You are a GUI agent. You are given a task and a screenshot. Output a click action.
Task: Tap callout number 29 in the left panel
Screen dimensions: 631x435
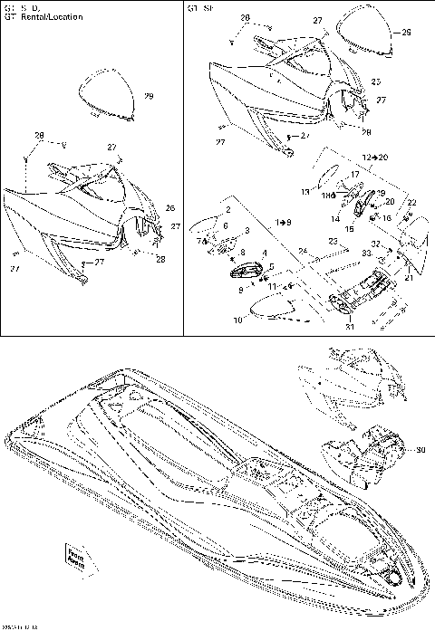click(x=149, y=97)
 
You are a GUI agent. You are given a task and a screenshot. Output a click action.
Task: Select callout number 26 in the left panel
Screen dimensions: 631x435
click(x=169, y=207)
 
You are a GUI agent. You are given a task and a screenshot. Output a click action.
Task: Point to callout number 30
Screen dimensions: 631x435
click(x=420, y=450)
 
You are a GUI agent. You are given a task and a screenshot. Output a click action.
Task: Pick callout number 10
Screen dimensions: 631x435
click(x=238, y=320)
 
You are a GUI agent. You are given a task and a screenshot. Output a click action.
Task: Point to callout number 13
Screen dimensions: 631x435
click(x=304, y=192)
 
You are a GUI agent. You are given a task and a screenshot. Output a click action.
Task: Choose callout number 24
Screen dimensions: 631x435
click(x=304, y=251)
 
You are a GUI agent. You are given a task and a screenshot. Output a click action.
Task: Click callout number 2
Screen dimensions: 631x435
click(x=228, y=209)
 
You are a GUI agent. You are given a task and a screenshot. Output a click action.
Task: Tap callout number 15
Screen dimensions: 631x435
click(x=348, y=230)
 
